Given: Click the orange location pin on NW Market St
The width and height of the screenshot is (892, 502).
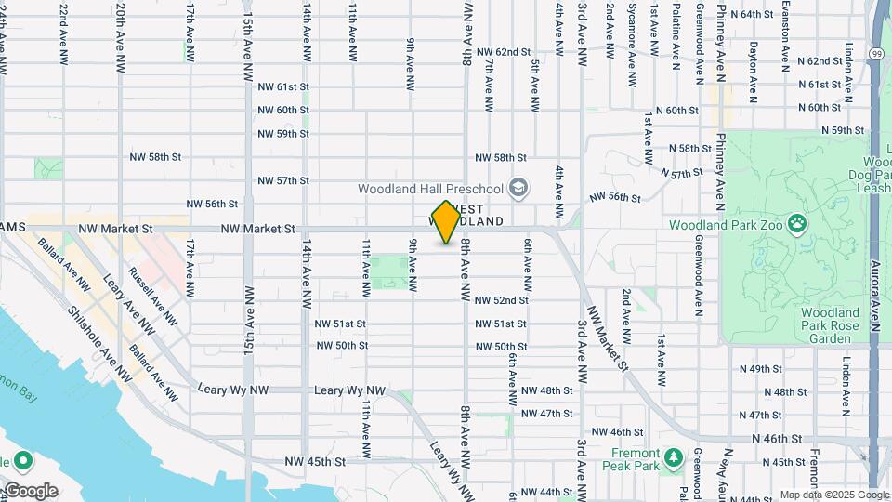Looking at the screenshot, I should [x=446, y=221].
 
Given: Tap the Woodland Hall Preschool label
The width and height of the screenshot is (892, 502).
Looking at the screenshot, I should [x=431, y=189].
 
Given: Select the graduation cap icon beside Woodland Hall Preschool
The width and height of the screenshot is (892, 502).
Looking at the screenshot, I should [x=518, y=189].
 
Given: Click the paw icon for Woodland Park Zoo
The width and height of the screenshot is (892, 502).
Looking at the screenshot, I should [x=796, y=223].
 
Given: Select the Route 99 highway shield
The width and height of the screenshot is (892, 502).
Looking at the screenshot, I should [x=877, y=55].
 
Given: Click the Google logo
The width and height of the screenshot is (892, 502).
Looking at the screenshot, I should [x=30, y=490].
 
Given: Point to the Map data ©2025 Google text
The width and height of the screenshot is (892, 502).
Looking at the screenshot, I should [x=833, y=495].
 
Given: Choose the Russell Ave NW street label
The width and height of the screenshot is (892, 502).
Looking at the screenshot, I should [x=152, y=297].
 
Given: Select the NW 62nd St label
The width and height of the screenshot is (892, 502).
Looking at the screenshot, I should [x=499, y=52].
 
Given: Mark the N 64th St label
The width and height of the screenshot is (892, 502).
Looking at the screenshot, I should [x=752, y=14].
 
